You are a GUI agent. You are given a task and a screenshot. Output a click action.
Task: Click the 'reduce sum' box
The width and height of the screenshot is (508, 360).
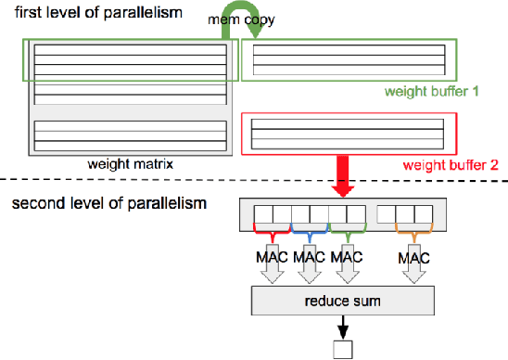342,301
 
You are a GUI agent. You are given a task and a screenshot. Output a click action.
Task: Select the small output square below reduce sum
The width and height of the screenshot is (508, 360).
342,351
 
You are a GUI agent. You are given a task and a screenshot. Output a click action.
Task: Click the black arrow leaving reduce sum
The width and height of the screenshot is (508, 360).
342,328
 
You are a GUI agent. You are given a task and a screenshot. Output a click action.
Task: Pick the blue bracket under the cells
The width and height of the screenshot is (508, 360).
308,229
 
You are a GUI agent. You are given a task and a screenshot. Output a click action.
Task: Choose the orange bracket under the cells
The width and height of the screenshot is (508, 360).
414,229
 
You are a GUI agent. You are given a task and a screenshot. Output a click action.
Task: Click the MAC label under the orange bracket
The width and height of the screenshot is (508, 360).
414,254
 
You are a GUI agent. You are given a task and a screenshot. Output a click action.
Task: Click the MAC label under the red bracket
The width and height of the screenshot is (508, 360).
272,254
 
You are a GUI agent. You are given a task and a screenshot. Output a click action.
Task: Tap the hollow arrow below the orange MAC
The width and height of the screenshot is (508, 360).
414,274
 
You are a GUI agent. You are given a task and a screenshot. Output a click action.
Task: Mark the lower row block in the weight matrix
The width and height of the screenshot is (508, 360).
130,135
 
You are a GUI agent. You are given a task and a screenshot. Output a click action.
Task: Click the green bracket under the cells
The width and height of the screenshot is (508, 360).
344,229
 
